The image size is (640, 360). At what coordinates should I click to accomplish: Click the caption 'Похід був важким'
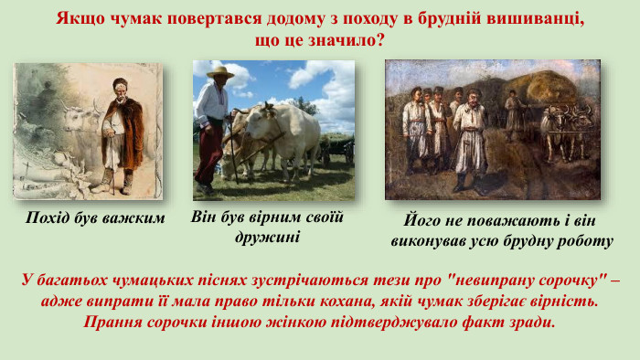(95, 217)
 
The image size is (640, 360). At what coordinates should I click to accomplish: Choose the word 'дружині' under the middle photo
(267, 237)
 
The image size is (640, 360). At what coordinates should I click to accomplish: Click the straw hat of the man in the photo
(219, 72)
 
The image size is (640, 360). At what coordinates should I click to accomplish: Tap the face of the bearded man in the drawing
(119, 90)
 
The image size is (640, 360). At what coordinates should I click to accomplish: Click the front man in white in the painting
(471, 137)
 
